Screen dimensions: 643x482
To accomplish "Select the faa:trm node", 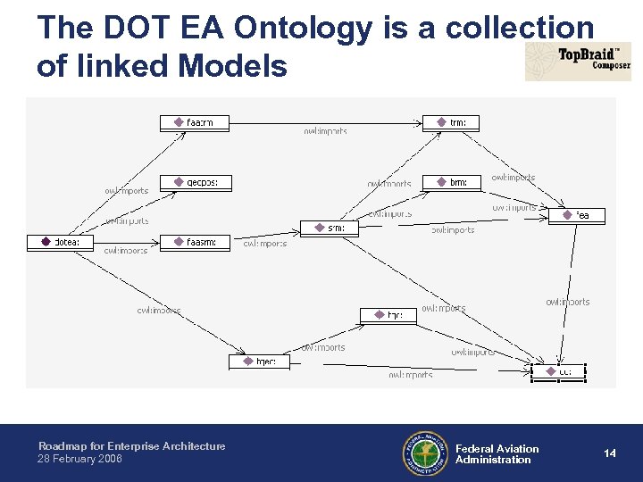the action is (x=194, y=122).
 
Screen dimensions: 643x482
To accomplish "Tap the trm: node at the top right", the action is (x=452, y=122).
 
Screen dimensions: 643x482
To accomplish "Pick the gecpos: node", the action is (x=195, y=182).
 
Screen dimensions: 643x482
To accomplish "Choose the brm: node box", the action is (x=452, y=182).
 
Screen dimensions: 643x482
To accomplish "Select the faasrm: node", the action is (x=195, y=242).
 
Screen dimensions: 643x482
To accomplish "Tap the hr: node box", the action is (x=388, y=315).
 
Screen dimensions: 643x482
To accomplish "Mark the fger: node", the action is (x=259, y=361).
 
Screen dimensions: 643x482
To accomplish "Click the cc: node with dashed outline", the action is (x=559, y=370).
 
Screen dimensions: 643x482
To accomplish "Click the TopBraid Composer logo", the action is (x=578, y=61).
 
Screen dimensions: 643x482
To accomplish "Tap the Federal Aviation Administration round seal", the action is (x=425, y=454).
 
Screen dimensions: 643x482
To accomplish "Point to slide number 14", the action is (x=610, y=453).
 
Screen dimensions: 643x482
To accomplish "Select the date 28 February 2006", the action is (x=80, y=459).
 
